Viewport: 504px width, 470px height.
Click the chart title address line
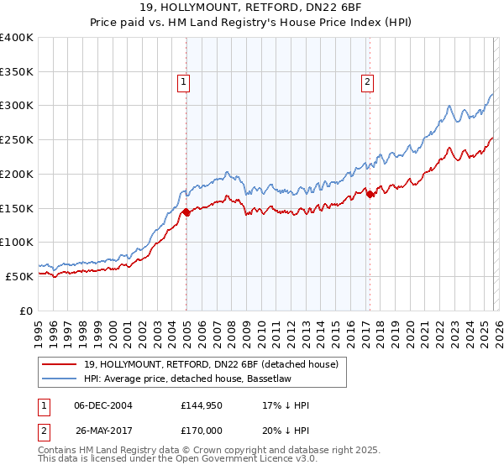pos(252,8)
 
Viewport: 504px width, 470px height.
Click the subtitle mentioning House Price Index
pos(252,22)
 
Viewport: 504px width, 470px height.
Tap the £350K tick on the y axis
pos(17,72)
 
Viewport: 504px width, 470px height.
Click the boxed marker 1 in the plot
pos(183,81)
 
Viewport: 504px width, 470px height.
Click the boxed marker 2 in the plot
pos(367,81)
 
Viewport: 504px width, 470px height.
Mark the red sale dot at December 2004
pos(186,212)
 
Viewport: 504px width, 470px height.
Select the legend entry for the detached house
pos(210,364)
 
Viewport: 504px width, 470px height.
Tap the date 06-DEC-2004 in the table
pos(103,405)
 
